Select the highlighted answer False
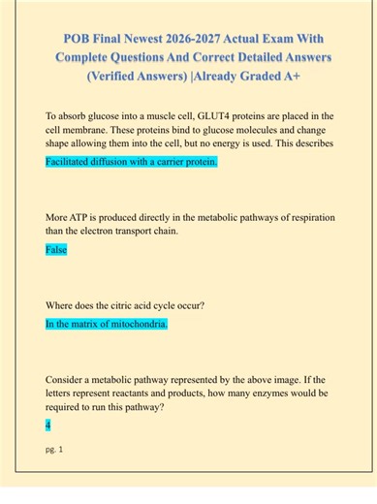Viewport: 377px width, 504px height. [55, 250]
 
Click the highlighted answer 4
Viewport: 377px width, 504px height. [48, 425]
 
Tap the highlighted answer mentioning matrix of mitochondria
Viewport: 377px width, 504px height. [107, 324]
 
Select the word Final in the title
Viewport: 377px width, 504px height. [119, 40]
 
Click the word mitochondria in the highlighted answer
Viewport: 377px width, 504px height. [137, 324]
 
